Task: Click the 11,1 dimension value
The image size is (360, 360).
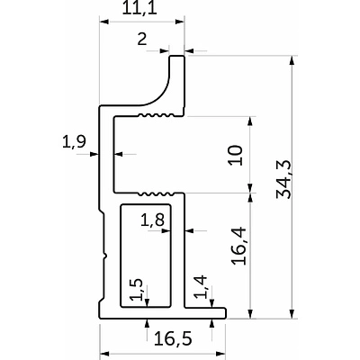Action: pyautogui.click(x=139, y=9)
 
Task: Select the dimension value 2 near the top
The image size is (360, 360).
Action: pyautogui.click(x=142, y=39)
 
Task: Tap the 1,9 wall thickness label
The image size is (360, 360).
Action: pyautogui.click(x=74, y=141)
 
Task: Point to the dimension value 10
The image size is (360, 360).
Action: pyautogui.click(x=235, y=155)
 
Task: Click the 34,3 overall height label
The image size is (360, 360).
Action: pyautogui.click(x=283, y=179)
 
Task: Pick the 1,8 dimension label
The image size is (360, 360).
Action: pyautogui.click(x=153, y=221)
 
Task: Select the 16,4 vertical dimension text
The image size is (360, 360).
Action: pyautogui.click(x=238, y=247)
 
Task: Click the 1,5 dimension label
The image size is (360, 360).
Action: pyautogui.click(x=136, y=290)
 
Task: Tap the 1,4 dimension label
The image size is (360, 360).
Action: pyautogui.click(x=201, y=287)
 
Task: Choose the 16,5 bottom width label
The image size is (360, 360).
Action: pyautogui.click(x=173, y=339)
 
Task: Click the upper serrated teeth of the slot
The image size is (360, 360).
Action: pyautogui.click(x=157, y=115)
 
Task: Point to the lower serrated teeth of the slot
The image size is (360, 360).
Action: pyautogui.click(x=157, y=193)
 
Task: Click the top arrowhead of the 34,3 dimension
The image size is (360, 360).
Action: pyautogui.click(x=292, y=60)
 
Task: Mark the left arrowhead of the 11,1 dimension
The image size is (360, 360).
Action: pyautogui.click(x=103, y=22)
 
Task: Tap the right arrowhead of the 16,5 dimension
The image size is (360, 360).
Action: pyautogui.click(x=220, y=354)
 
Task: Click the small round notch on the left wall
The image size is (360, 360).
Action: pyautogui.click(x=105, y=256)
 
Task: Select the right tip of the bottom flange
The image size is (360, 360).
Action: pyautogui.click(x=225, y=313)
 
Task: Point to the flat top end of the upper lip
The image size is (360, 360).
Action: pyautogui.click(x=177, y=56)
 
